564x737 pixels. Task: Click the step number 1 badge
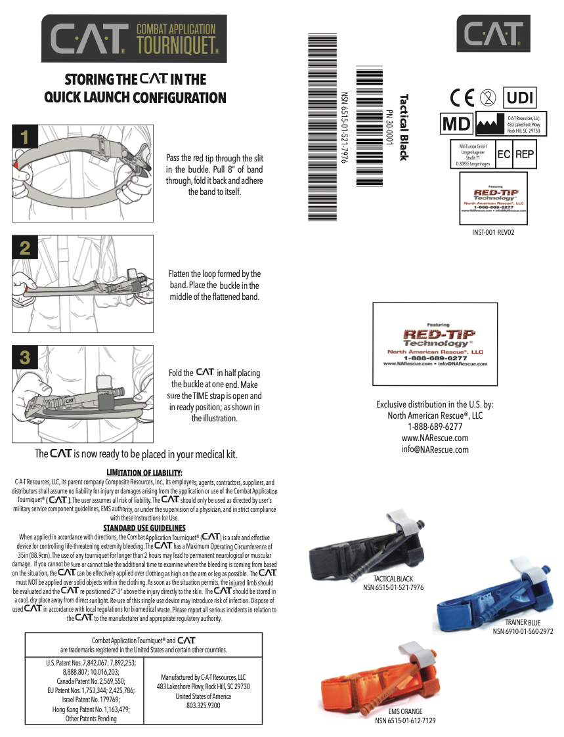[24, 137]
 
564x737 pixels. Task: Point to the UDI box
[519, 98]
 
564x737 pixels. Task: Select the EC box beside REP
[504, 155]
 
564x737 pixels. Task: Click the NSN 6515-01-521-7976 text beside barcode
[343, 127]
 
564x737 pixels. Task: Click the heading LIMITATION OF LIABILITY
[144, 473]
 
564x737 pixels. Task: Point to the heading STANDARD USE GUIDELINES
[144, 528]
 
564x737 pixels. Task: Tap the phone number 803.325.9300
[203, 705]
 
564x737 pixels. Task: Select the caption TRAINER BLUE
[523, 621]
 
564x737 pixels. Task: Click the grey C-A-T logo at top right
[494, 33]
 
